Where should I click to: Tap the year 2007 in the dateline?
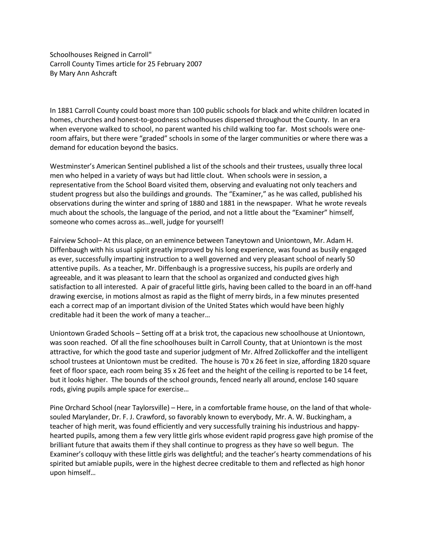194,64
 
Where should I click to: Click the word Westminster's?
72,166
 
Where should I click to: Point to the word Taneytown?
242,241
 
